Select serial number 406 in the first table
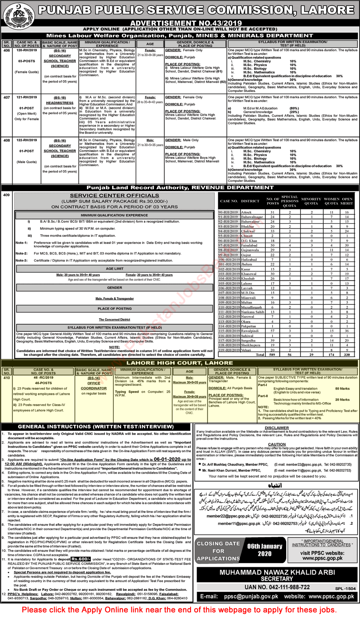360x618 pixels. tap(6, 50)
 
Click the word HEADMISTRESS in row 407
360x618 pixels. tap(60, 103)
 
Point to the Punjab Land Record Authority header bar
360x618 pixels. tap(180, 188)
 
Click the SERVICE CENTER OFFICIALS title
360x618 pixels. tap(115, 196)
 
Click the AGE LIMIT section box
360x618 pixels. tap(115, 269)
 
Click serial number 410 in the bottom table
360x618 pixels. tap(6, 378)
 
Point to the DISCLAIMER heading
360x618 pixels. tap(277, 428)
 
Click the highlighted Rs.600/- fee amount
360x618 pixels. tap(81, 559)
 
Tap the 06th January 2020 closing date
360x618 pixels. tap(265, 550)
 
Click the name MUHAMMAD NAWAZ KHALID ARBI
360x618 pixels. tap(277, 572)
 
